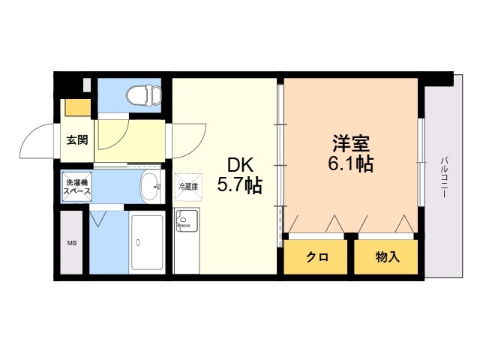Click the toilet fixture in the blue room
[x=144, y=95]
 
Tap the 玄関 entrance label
[x=77, y=140]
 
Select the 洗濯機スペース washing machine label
[x=77, y=187]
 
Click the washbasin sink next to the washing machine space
[x=150, y=187]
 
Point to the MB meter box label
[x=72, y=243]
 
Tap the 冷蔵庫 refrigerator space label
[x=188, y=187]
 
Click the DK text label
[x=240, y=166]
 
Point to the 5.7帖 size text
[x=240, y=185]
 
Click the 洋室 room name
[x=352, y=143]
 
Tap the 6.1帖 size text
[x=351, y=164]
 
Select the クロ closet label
[x=317, y=257]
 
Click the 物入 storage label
[x=388, y=257]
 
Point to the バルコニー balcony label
[x=444, y=177]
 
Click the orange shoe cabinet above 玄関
[x=78, y=107]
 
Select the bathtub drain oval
[x=138, y=242]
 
